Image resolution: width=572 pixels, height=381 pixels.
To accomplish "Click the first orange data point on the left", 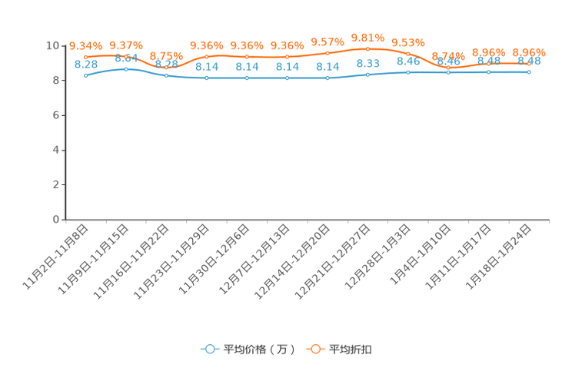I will tap(85, 57).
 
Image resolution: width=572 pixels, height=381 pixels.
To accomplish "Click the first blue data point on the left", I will tap(85, 75).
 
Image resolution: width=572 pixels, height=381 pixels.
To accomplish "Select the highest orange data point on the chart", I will tap(367, 48).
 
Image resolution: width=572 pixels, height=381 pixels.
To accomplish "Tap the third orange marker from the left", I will tap(166, 68).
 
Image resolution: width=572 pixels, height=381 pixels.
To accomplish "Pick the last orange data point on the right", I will tap(529, 64).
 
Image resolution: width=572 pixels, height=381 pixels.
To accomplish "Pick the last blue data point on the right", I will tap(529, 72).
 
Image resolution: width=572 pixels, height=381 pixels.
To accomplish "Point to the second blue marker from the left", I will tap(125, 69).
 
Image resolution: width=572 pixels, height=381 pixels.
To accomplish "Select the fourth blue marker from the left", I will tap(206, 78).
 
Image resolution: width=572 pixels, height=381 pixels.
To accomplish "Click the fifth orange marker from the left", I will tap(247, 57).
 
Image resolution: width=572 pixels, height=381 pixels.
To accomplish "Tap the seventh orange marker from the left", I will tap(328, 53).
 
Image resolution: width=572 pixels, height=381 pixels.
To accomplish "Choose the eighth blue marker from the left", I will tap(367, 75).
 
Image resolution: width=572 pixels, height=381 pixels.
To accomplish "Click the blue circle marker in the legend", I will tap(210, 349).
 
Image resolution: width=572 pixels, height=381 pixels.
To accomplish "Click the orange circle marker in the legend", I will tap(315, 349).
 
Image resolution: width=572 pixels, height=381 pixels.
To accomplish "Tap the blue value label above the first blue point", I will tap(86, 64).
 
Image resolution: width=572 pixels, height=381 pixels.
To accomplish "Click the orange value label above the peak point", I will tap(367, 37).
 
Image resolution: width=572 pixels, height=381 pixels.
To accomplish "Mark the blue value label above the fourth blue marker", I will tap(206, 67).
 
